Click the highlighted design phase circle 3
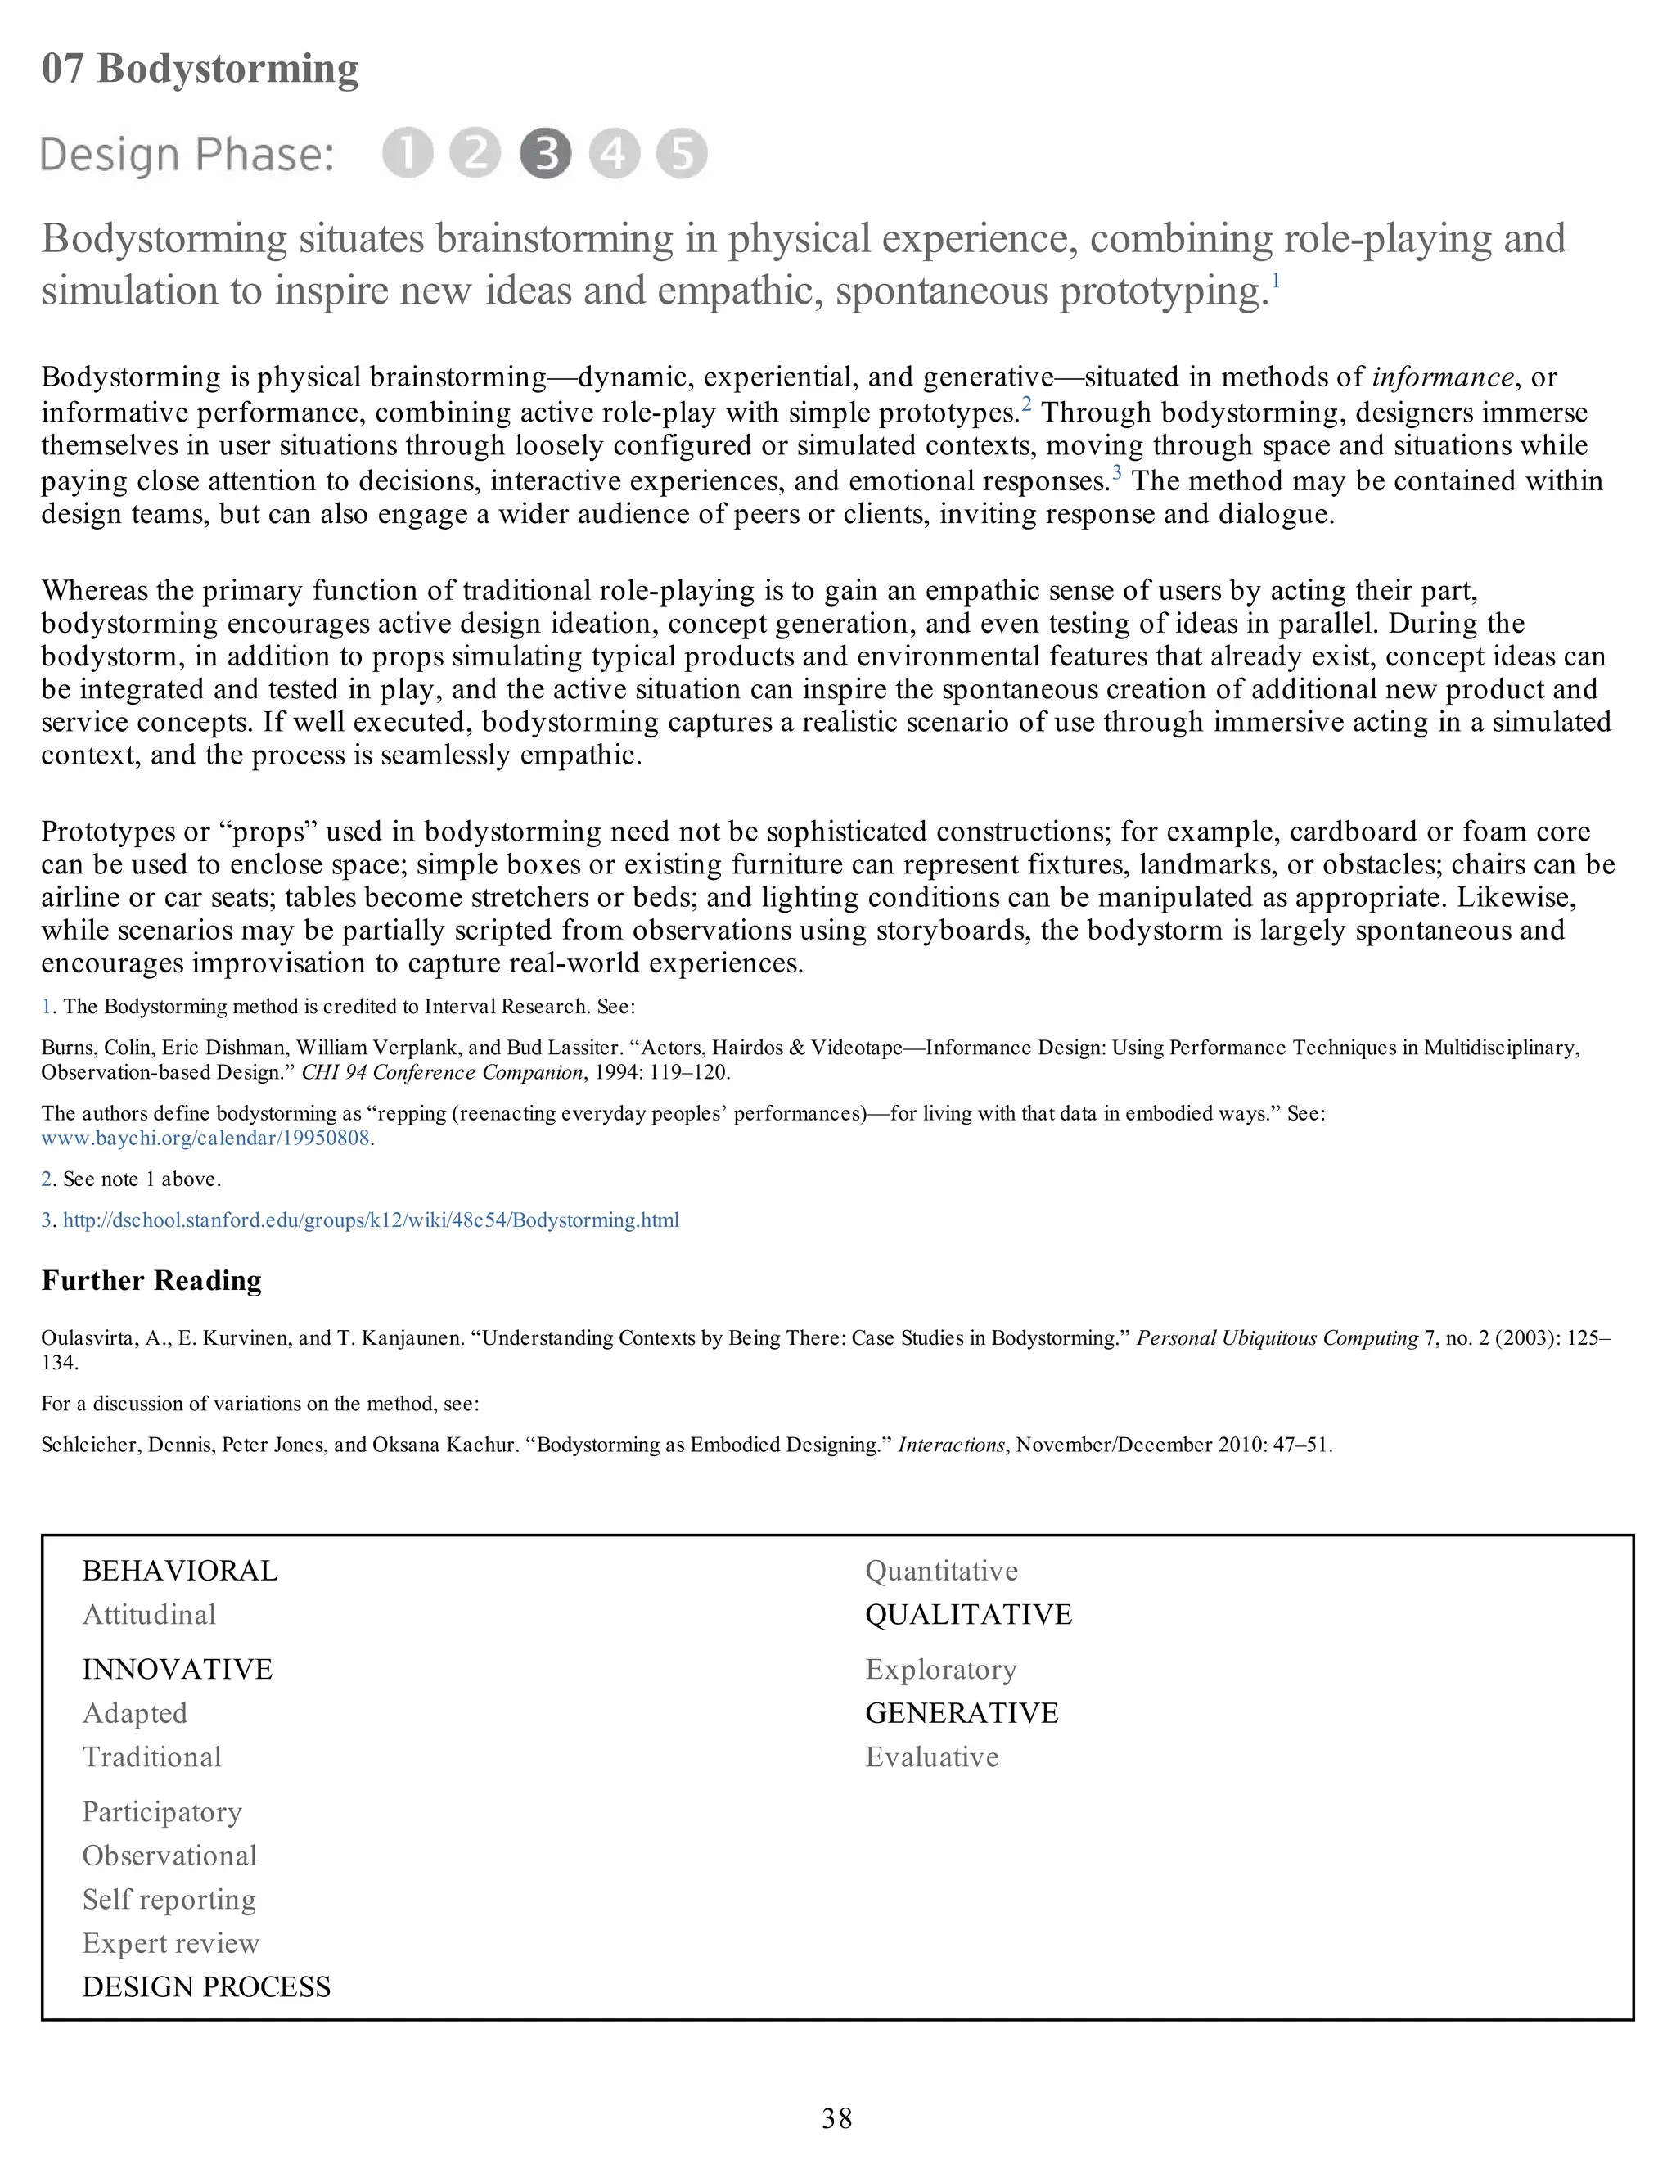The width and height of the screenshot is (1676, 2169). click(545, 154)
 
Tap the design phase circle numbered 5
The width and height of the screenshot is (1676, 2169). click(683, 154)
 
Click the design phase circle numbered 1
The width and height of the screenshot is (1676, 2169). click(407, 154)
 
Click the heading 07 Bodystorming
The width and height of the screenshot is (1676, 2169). click(200, 69)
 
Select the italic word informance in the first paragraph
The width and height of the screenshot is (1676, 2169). click(1443, 377)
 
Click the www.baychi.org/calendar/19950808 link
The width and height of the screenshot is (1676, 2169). click(205, 1139)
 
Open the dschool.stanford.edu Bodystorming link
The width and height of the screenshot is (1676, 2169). click(371, 1220)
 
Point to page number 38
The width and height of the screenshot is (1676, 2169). click(837, 2118)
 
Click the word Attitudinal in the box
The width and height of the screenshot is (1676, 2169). click(149, 1615)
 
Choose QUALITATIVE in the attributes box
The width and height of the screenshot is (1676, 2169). click(968, 1615)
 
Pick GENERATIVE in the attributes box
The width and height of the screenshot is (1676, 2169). click(961, 1713)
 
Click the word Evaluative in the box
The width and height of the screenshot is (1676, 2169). click(931, 1756)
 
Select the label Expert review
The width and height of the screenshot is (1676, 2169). click(171, 1944)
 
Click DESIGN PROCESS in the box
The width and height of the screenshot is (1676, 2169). click(206, 1987)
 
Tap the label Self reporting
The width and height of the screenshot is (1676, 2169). click(169, 1900)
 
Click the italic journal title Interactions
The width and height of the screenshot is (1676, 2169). click(951, 1445)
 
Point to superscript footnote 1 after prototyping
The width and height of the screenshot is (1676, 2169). click(1276, 281)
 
